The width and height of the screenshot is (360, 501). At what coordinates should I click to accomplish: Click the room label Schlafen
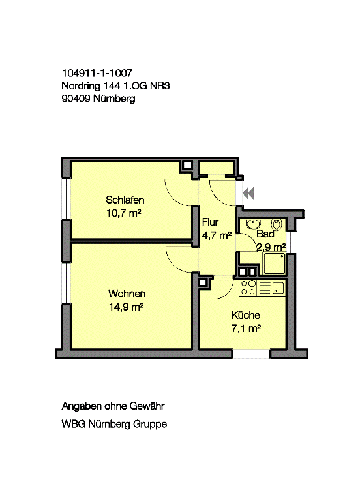pos(125,200)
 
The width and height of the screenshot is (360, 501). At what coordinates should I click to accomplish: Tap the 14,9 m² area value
pos(126,307)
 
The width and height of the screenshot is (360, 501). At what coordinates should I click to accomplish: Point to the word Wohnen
pos(127,294)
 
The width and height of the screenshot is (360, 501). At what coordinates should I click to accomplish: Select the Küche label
pos(245,315)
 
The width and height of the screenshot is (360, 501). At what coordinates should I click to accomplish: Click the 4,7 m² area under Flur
pos(217,235)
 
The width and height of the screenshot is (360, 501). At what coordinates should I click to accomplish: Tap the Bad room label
pos(265,234)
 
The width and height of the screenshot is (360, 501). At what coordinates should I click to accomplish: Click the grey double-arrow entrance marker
pos(248,193)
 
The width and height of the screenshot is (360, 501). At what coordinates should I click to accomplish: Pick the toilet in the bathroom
pos(277,224)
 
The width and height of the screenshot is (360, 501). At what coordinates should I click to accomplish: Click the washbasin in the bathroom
pos(253,224)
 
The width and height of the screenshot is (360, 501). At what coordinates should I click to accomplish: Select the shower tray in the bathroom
pos(275,264)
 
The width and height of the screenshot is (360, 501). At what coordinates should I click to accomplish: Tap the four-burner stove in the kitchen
pos(248,288)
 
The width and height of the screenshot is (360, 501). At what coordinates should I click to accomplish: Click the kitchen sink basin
pos(278,288)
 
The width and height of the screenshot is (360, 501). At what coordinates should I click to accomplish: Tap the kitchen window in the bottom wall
pos(251,354)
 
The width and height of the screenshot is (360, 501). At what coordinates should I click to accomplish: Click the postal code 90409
pos(76,99)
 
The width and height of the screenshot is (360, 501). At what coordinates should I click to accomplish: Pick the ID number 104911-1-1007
pos(97,73)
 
